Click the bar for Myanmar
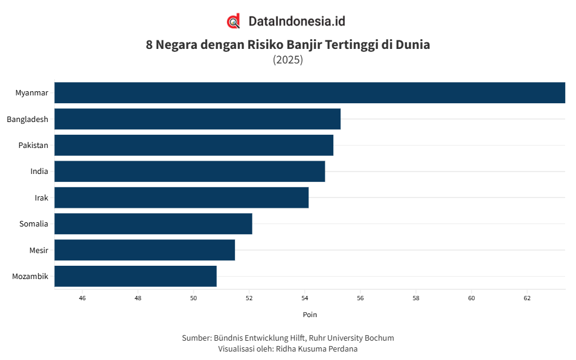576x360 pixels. [309, 93]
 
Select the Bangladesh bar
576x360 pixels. [197, 119]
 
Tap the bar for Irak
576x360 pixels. [181, 198]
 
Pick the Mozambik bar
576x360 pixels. [135, 276]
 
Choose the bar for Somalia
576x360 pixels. [153, 223]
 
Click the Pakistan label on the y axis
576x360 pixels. [33, 146]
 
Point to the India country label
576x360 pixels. [39, 172]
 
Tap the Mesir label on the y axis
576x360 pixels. [39, 250]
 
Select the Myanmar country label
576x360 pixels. [31, 93]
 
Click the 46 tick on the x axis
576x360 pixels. [82, 298]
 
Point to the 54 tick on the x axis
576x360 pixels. [304, 298]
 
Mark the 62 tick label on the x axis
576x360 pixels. [526, 298]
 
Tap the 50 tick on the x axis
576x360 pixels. [193, 298]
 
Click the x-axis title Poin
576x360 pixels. [309, 315]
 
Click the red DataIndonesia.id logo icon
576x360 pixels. [234, 21]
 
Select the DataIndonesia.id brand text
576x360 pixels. [296, 21]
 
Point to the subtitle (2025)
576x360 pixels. [288, 60]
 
